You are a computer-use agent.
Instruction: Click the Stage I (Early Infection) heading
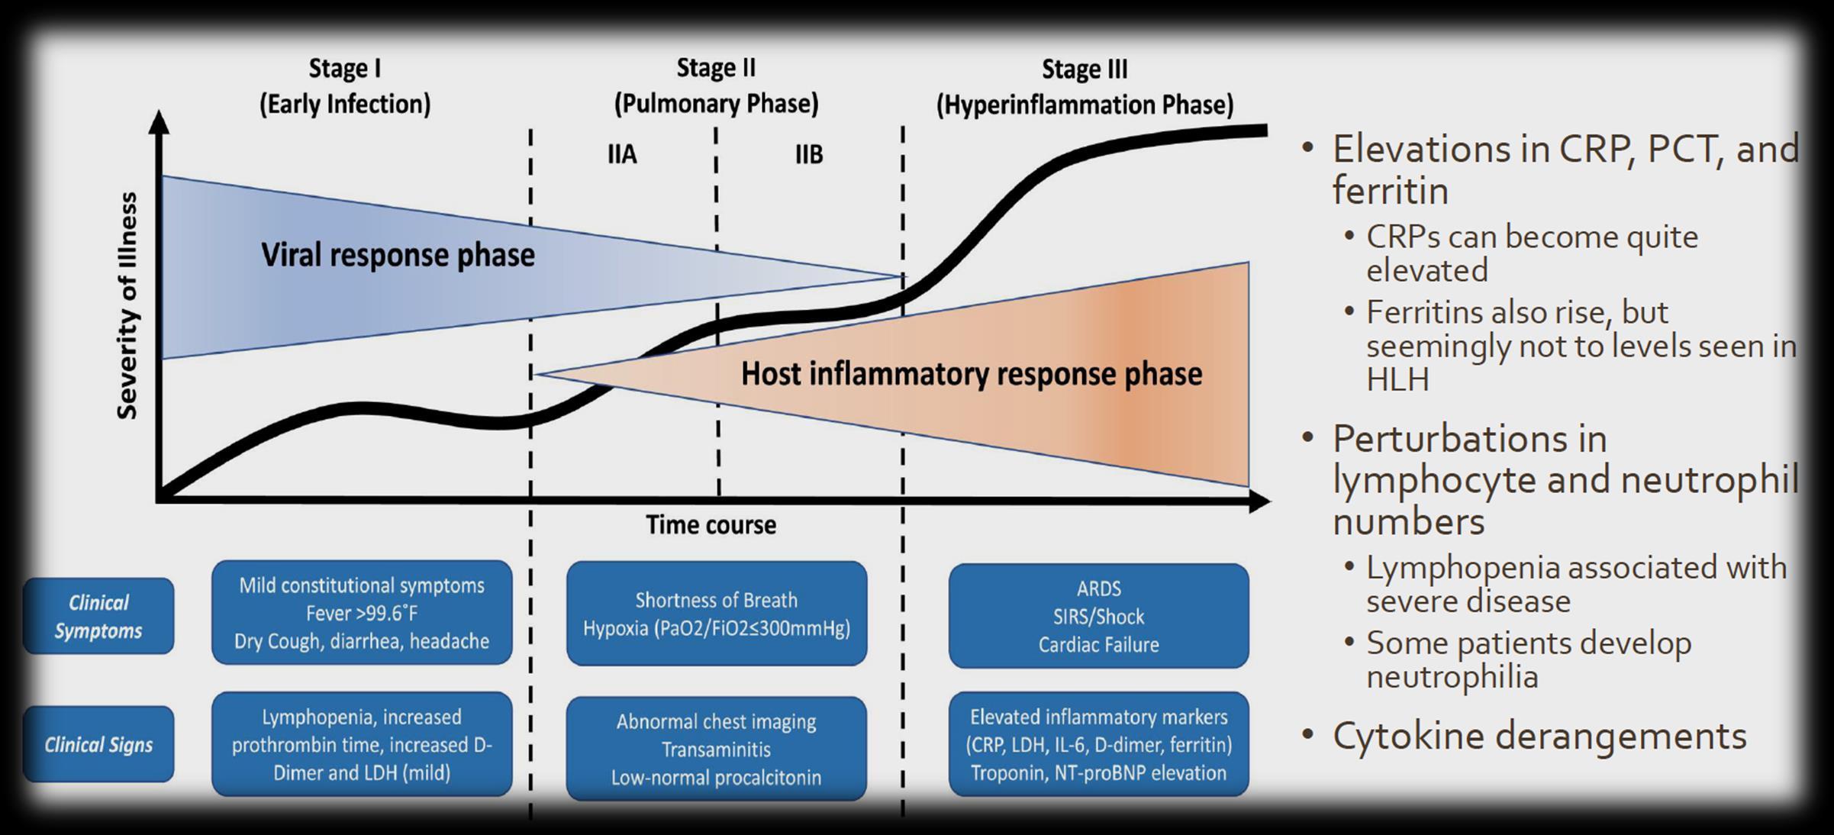coord(345,86)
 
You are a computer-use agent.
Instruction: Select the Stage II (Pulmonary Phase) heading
coord(716,85)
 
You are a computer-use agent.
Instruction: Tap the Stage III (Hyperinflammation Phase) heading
coord(1085,86)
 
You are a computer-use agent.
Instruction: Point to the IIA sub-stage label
coord(622,155)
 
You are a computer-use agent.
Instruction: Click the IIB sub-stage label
coord(809,155)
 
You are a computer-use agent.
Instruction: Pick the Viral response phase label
coord(398,255)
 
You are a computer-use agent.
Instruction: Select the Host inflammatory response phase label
coord(971,374)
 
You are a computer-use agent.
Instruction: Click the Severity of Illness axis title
coord(127,305)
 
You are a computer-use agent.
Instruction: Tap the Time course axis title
coord(711,525)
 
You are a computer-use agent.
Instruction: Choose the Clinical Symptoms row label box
coord(98,616)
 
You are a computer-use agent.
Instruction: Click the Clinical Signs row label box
coord(98,744)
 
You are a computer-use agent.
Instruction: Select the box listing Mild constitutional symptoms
coord(362,613)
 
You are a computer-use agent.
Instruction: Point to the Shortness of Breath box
coord(716,614)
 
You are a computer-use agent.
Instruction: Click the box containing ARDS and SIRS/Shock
coord(1098,616)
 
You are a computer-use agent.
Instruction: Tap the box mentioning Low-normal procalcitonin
coord(716,749)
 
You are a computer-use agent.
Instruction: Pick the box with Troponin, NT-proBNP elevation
coord(1098,744)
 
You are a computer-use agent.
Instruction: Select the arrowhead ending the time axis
coord(1260,501)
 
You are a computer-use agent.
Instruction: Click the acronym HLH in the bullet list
coord(1397,380)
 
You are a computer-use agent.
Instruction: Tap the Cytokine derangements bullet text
coord(1539,737)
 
